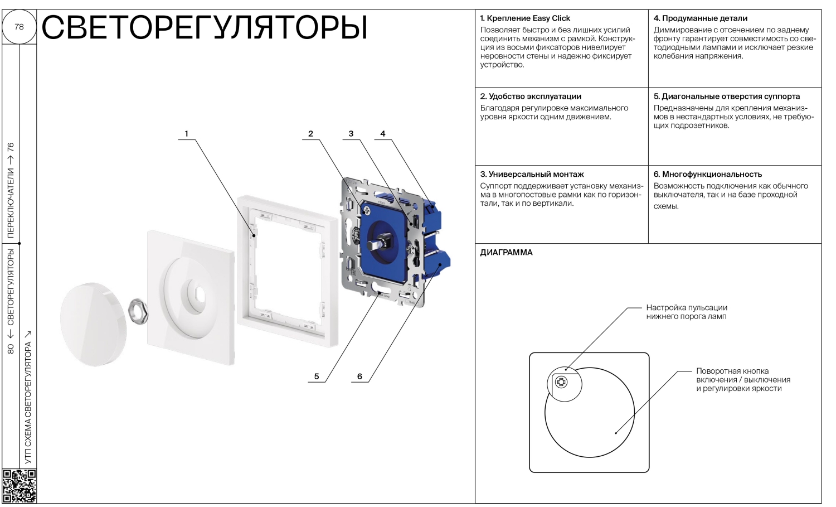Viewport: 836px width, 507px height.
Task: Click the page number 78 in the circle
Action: point(19,27)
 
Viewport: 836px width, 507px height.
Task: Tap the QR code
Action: point(20,486)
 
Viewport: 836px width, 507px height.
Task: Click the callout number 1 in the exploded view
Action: point(186,133)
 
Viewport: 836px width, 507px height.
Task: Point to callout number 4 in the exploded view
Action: point(382,133)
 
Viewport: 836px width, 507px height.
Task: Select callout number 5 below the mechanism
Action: point(317,376)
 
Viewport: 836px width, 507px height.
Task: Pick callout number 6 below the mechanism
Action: point(359,376)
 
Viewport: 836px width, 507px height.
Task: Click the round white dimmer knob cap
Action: point(93,324)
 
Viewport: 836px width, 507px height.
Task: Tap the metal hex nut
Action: point(138,311)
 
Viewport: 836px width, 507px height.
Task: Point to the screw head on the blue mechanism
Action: point(366,210)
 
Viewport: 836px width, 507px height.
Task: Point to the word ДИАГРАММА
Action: point(506,253)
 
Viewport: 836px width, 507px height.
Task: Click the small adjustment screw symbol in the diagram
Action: point(561,382)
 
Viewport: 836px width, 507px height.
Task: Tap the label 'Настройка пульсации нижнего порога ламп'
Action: point(687,312)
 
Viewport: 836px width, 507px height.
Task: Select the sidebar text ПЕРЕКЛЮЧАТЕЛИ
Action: point(11,203)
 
